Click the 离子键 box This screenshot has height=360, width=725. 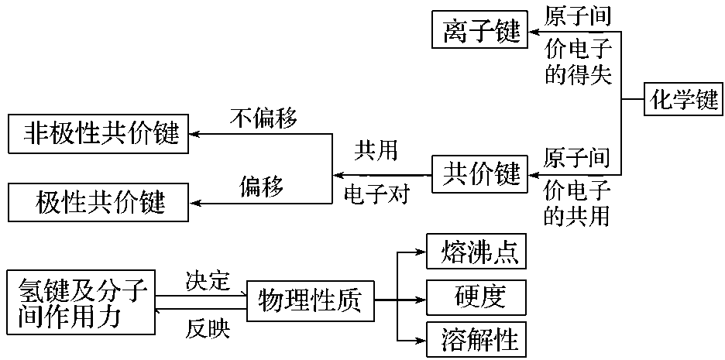(x=479, y=33)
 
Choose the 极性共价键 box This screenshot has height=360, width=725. (x=98, y=204)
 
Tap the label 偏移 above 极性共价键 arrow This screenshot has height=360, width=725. (x=261, y=186)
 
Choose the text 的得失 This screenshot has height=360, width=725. (x=578, y=75)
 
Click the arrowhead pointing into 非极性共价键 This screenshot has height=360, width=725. (x=194, y=134)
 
